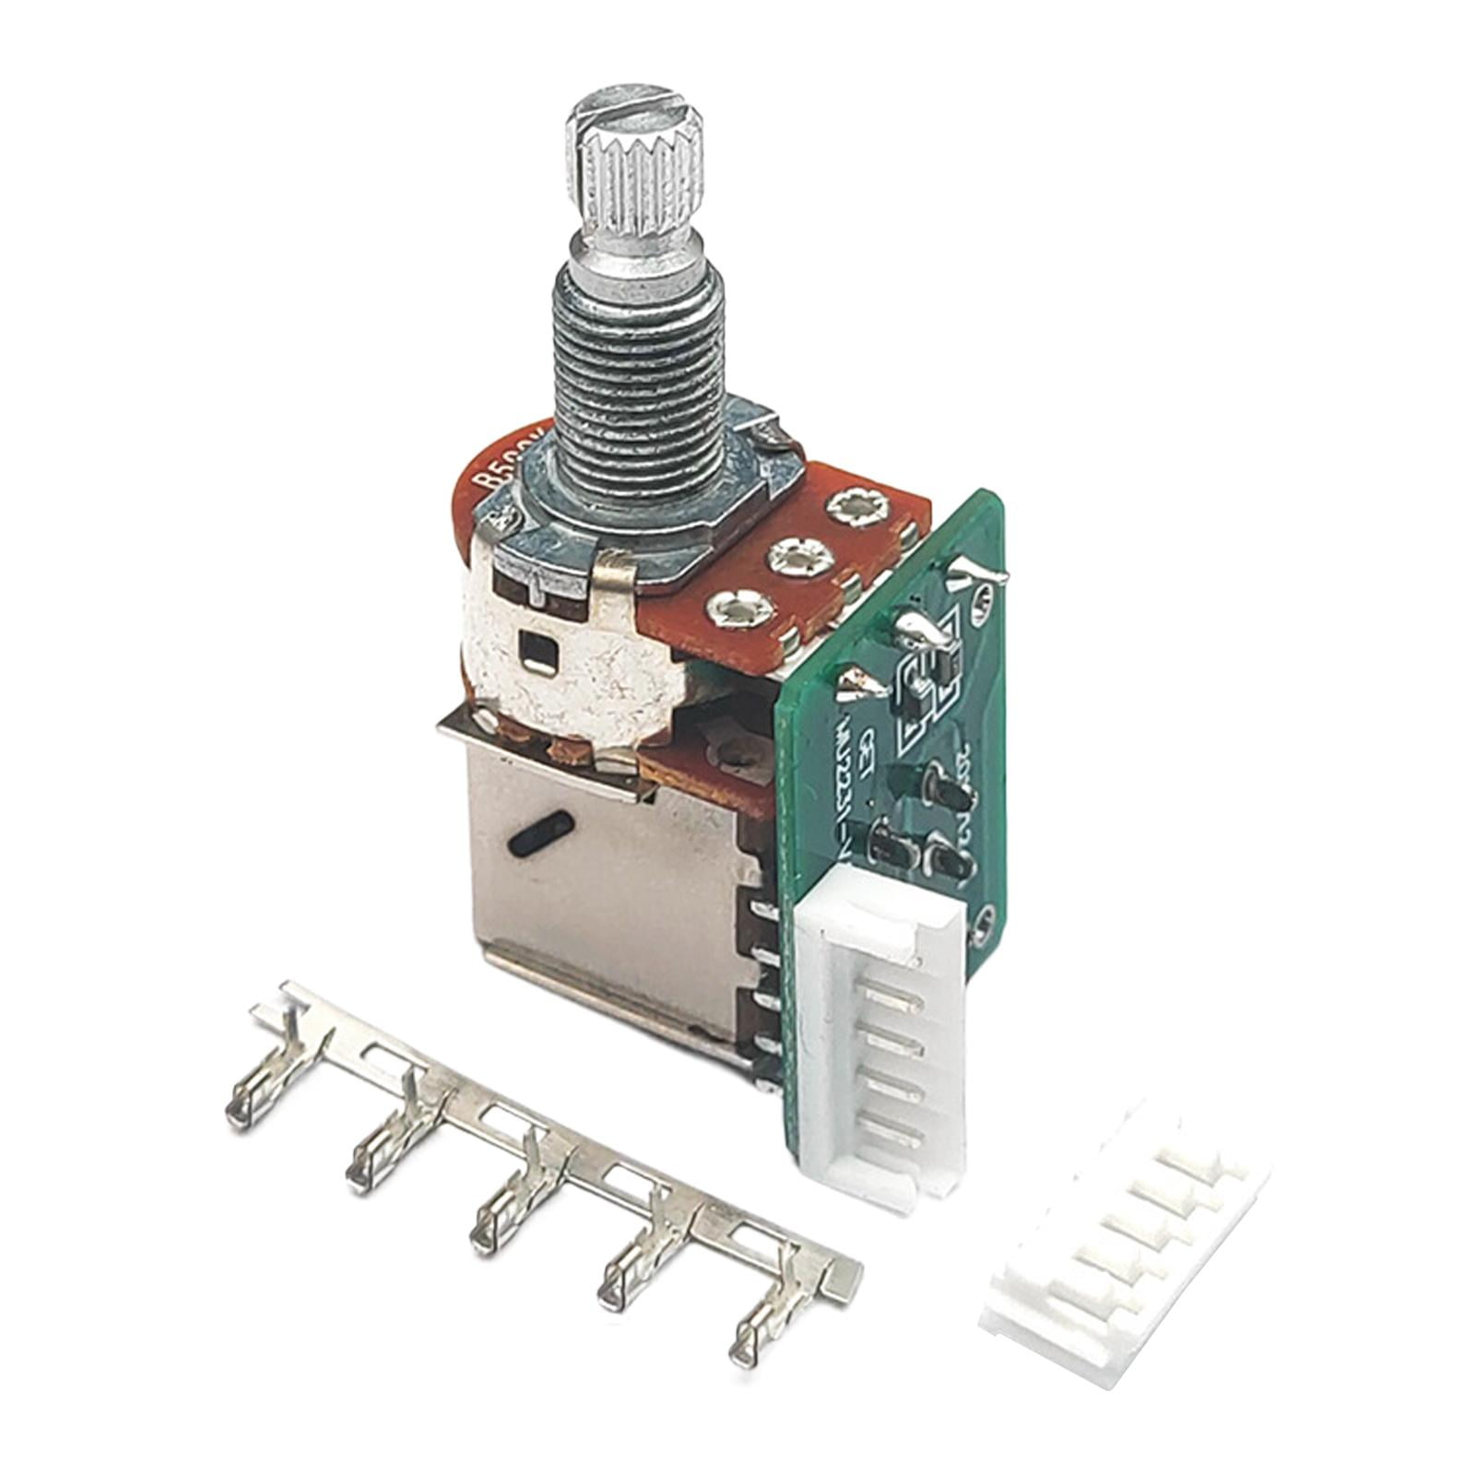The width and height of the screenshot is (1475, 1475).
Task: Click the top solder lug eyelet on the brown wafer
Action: (x=856, y=508)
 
